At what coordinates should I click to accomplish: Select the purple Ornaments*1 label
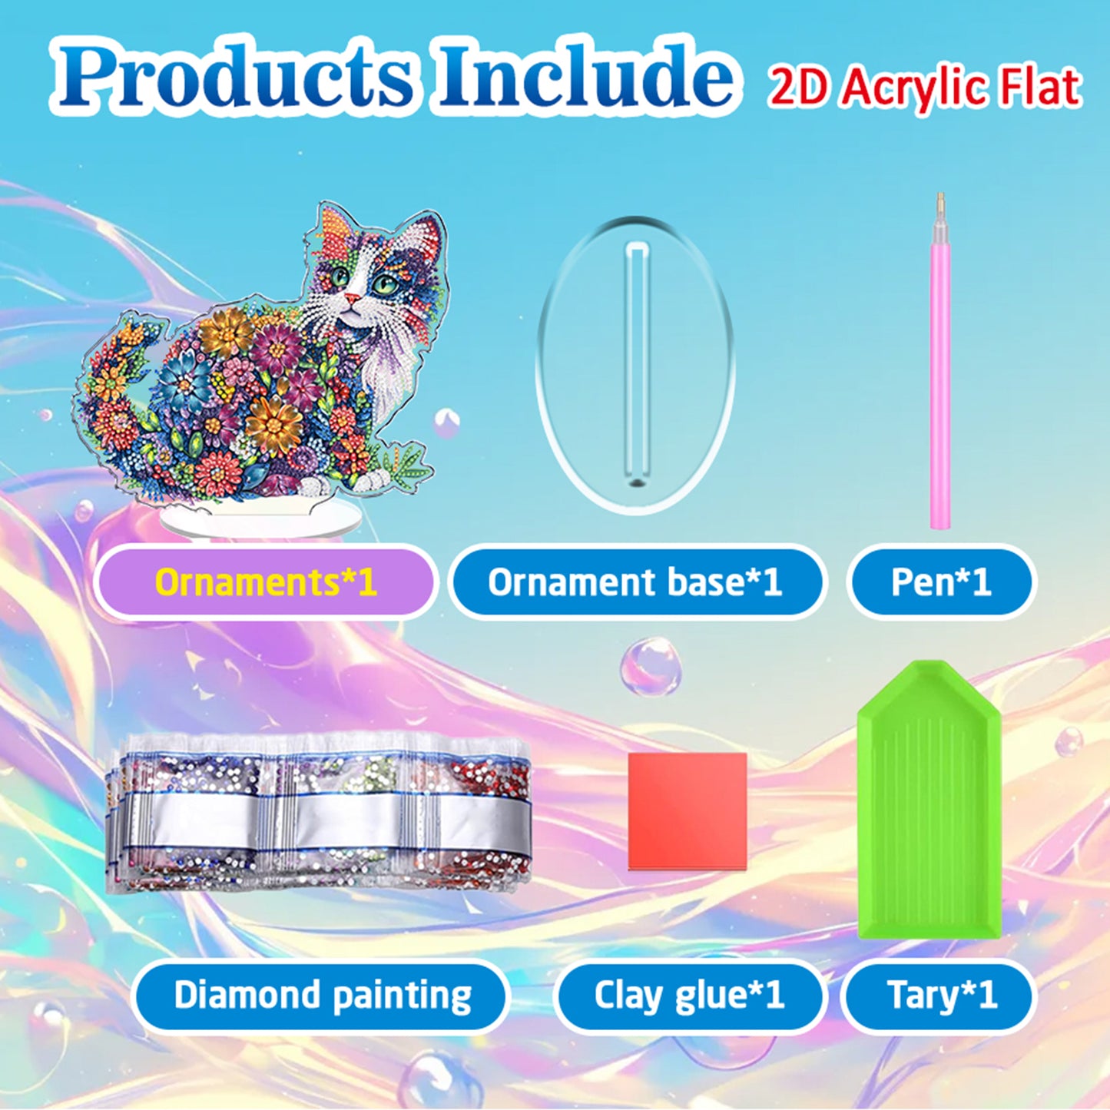[266, 582]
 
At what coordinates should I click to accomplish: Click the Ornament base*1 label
[635, 582]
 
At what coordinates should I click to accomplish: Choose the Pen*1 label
[941, 582]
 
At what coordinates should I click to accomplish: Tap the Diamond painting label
[322, 996]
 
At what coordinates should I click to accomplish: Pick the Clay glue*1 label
[688, 996]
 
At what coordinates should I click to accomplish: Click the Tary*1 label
[941, 996]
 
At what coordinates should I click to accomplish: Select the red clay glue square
[688, 810]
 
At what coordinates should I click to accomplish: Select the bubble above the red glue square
[650, 665]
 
